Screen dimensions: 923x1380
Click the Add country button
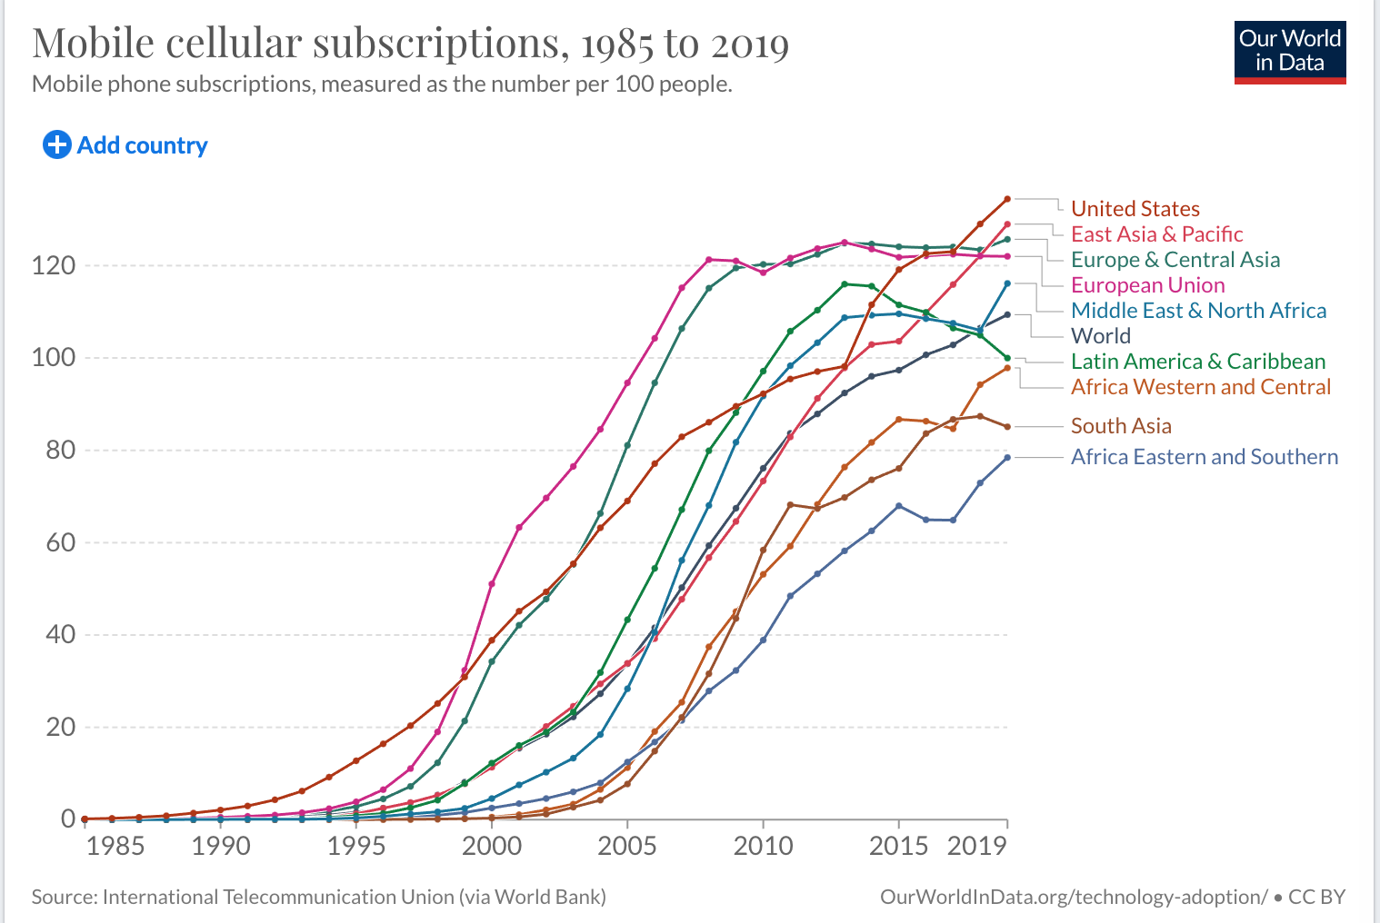pyautogui.click(x=125, y=145)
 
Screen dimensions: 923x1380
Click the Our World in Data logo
pyautogui.click(x=1289, y=51)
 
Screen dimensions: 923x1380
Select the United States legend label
pyautogui.click(x=1135, y=209)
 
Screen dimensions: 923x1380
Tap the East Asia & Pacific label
pyautogui.click(x=1156, y=234)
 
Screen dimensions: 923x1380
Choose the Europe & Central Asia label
pyautogui.click(x=1175, y=260)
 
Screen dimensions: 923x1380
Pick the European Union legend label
pyautogui.click(x=1147, y=285)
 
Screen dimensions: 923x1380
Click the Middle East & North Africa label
pyautogui.click(x=1198, y=311)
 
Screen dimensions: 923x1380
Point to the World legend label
pyautogui.click(x=1100, y=336)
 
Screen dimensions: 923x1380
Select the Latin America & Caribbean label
pyautogui.click(x=1197, y=362)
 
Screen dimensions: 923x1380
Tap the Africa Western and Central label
pyautogui.click(x=1200, y=387)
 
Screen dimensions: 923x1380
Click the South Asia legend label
pyautogui.click(x=1120, y=426)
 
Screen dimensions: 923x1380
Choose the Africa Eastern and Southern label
pyautogui.click(x=1204, y=457)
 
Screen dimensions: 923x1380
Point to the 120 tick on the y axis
pyautogui.click(x=54, y=265)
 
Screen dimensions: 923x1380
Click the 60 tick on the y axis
pyautogui.click(x=60, y=542)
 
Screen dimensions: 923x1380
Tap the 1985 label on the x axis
pyautogui.click(x=115, y=847)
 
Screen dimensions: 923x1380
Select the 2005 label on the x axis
pyautogui.click(x=626, y=847)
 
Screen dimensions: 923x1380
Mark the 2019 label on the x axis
pyautogui.click(x=977, y=847)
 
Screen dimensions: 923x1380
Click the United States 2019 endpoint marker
pyautogui.click(x=1007, y=199)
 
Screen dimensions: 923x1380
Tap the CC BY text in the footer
pyautogui.click(x=1316, y=897)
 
